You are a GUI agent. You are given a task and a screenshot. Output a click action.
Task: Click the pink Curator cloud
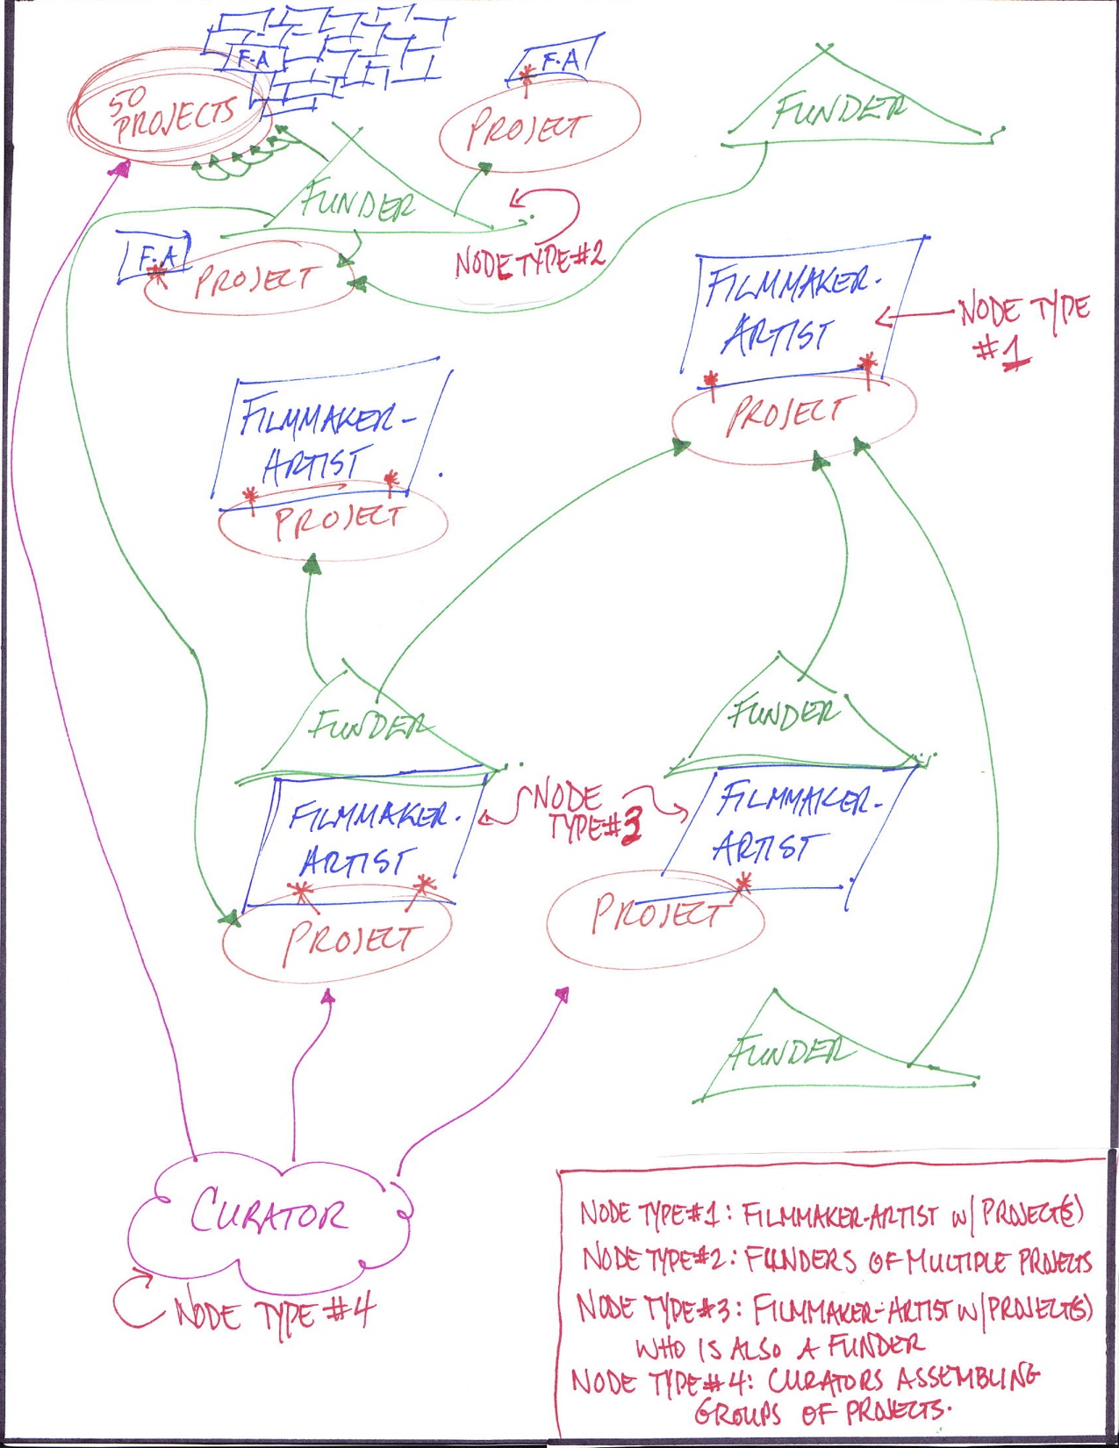pos(268,1215)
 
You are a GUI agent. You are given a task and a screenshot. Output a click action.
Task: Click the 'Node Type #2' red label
pos(529,260)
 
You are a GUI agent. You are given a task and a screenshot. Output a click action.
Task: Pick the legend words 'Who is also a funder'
pos(779,1345)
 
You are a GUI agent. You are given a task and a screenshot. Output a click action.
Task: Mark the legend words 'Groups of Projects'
pos(821,1412)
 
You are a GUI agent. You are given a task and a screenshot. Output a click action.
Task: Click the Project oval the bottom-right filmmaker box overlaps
pos(654,917)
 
